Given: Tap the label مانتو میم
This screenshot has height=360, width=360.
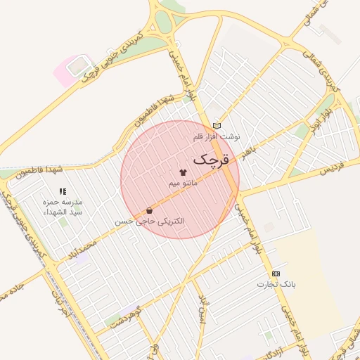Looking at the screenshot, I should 183,183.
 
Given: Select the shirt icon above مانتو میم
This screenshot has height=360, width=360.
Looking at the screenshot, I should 184,172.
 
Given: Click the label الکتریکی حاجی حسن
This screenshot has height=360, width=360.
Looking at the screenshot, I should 150,221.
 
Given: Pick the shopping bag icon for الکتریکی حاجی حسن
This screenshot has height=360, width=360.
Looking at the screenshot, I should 149,210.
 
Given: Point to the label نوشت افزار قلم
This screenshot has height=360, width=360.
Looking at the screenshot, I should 217,136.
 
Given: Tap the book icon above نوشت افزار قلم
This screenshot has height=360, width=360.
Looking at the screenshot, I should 217,126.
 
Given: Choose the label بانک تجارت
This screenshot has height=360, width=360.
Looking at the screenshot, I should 276,284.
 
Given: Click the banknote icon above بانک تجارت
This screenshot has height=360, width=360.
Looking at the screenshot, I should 276,274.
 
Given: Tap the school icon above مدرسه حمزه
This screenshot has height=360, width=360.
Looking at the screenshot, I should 63,191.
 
